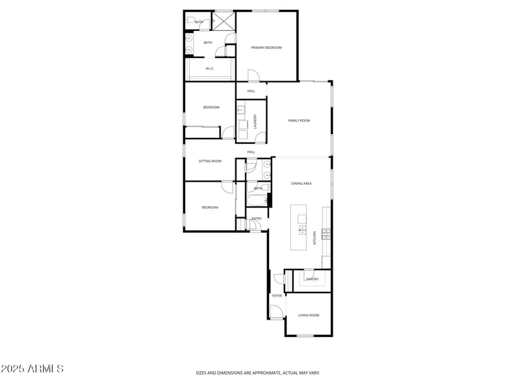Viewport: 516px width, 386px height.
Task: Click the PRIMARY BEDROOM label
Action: (266, 48)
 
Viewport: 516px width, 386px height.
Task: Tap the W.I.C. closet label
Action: (210, 68)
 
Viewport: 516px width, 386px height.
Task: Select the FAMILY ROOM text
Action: (299, 121)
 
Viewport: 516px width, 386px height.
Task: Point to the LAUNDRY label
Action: (255, 121)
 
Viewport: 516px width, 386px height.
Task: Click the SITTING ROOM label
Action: (210, 161)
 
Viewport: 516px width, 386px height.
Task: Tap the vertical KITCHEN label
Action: (315, 237)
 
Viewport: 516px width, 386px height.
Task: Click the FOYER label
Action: (277, 296)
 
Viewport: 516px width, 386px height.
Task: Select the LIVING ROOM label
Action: (308, 315)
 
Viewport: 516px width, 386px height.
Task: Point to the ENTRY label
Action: (256, 218)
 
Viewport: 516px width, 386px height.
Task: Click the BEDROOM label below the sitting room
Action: (210, 207)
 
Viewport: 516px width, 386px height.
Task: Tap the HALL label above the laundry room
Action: (251, 91)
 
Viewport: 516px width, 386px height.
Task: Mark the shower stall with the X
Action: (223, 21)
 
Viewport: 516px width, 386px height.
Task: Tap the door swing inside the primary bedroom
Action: (253, 76)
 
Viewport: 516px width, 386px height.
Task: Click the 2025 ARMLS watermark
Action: (32, 369)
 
